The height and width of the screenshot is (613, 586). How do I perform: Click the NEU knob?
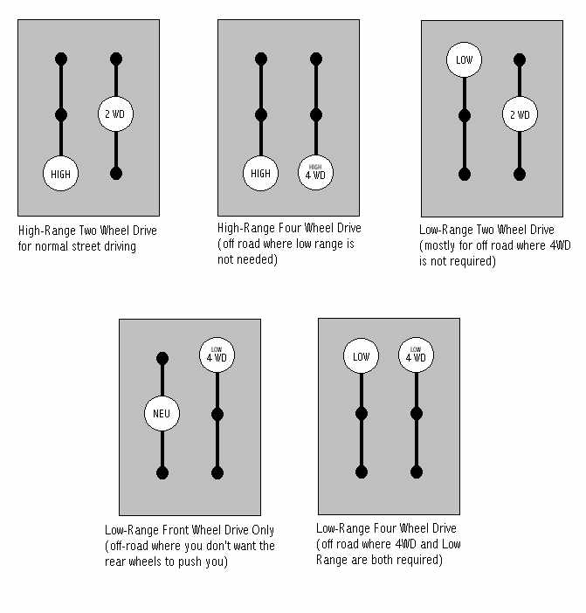click(x=162, y=415)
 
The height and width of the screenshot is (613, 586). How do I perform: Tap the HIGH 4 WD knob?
click(x=316, y=173)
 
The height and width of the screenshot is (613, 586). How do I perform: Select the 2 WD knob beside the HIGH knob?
click(x=115, y=114)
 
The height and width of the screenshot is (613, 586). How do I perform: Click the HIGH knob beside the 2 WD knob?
click(x=60, y=173)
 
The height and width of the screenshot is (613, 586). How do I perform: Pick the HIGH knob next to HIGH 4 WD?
click(x=260, y=173)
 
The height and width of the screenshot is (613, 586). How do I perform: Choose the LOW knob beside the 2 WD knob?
click(x=464, y=60)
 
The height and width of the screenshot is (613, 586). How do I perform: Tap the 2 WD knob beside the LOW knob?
click(x=520, y=114)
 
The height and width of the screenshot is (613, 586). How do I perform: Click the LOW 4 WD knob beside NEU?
click(x=217, y=354)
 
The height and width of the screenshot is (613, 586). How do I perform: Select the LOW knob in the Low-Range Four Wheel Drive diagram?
click(x=361, y=356)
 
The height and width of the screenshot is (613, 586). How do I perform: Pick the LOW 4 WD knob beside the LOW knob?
click(x=416, y=356)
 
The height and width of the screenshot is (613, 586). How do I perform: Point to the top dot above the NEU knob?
click(x=162, y=358)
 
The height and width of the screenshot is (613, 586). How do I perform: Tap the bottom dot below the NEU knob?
click(x=162, y=472)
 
